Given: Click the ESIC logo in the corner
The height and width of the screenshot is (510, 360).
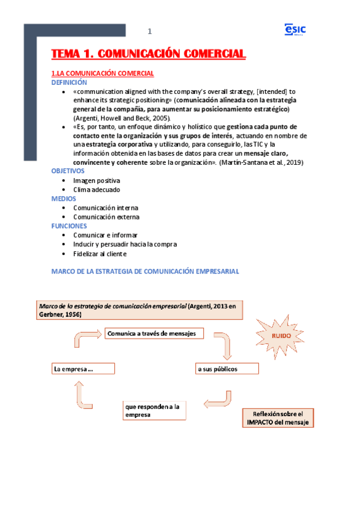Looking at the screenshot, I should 294,29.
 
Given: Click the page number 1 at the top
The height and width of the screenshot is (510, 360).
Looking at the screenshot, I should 150,31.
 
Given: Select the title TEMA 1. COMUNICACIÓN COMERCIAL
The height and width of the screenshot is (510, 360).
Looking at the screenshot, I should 148,54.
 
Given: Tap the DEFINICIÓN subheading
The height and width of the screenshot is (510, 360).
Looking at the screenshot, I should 69,82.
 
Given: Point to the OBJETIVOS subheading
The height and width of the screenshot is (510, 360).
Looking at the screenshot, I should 69,171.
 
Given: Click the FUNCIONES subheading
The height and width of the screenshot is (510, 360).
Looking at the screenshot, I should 69,226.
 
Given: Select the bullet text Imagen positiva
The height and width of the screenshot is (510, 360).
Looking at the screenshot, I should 97,180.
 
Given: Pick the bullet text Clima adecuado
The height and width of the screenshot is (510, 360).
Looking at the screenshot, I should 97,189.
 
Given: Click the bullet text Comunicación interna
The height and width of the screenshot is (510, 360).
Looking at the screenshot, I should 106,207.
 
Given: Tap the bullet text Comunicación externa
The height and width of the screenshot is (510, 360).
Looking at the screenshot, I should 106,217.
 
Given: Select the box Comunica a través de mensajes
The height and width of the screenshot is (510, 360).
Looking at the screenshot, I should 154,333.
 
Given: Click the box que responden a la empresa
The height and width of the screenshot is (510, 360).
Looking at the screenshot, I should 154,410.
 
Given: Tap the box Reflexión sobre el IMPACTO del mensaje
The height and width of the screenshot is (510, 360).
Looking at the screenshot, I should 278,418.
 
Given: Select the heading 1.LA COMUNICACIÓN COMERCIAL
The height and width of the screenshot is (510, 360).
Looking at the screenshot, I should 103,73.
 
